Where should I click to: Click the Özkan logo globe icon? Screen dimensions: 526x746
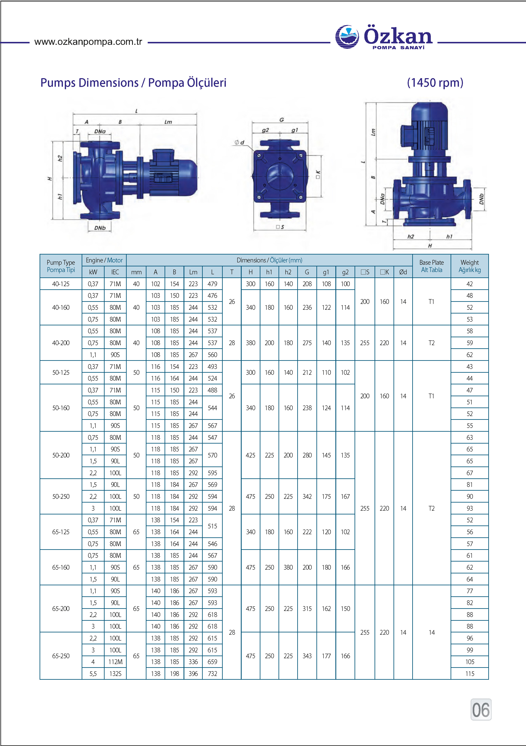tap(347, 37)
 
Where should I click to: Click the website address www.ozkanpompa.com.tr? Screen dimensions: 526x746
tap(88, 42)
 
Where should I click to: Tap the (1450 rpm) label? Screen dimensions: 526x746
tap(435, 83)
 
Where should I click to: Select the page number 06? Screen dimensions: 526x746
tap(481, 710)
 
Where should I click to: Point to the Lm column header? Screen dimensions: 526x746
tap(193, 272)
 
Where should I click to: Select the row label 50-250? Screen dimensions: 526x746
tap(61, 496)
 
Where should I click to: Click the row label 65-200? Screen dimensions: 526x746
tap(61, 609)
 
